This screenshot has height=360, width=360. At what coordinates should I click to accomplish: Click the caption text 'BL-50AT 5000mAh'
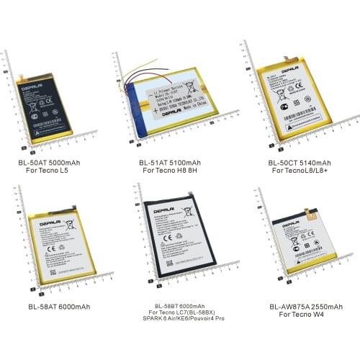point(51,163)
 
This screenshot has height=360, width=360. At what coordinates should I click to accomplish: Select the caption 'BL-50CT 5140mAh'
point(294,163)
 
